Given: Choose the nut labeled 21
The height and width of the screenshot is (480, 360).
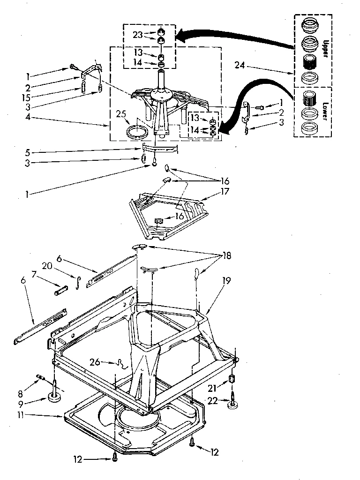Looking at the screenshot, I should coord(231,379).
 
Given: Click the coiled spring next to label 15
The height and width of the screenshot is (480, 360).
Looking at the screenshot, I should coord(83,87).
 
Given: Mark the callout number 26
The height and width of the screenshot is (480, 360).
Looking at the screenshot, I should coord(95,361).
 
